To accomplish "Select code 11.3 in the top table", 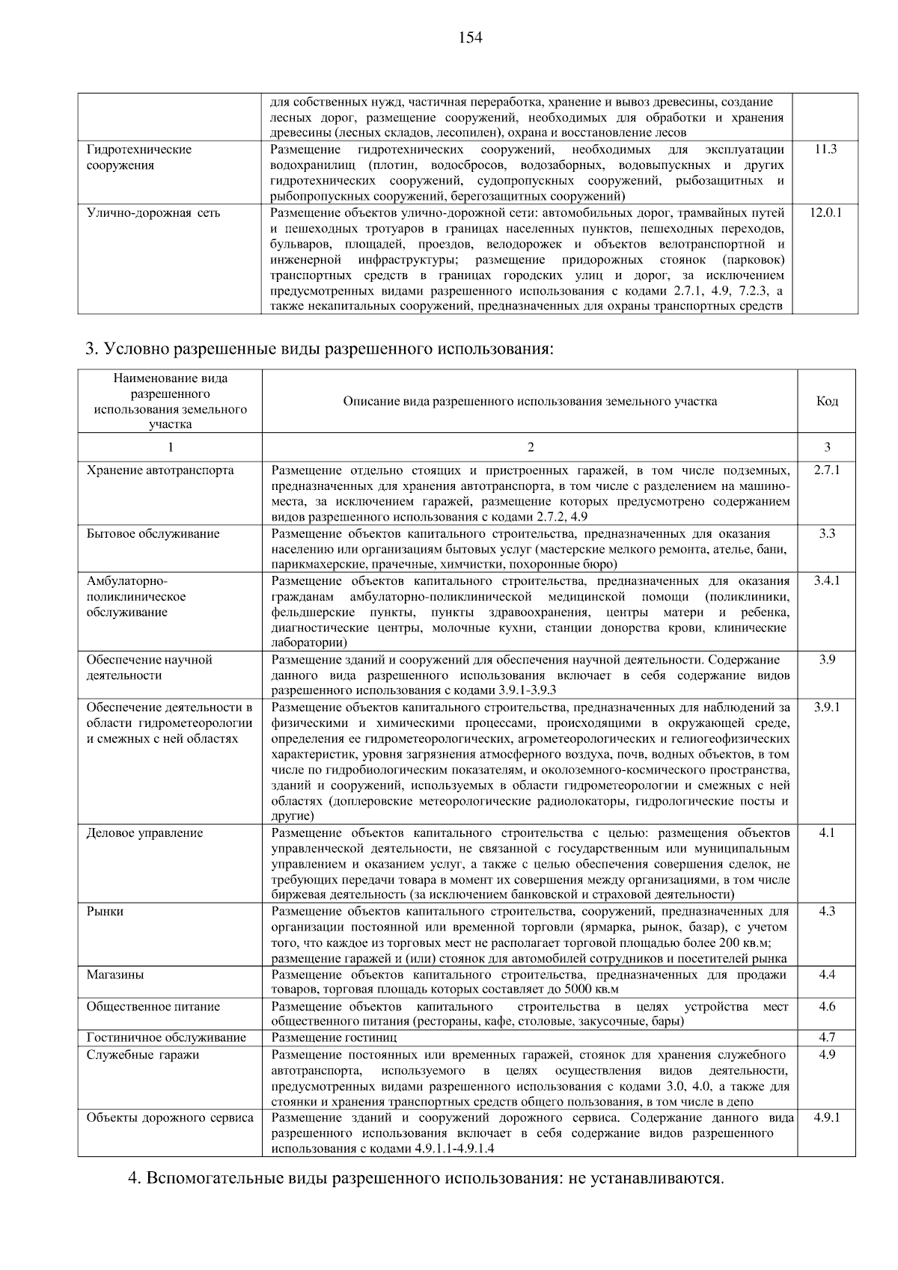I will [825, 150].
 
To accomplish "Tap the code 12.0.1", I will [825, 213].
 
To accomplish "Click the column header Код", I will [827, 402].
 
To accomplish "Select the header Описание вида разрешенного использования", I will [530, 402].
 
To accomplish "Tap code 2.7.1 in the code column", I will [827, 470].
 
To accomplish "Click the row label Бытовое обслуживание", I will [153, 534].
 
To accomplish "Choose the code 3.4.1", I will [827, 581].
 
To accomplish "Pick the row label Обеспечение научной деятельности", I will [150, 667].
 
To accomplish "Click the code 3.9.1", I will [827, 707].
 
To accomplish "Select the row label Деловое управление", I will [144, 833].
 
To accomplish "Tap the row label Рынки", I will [105, 912].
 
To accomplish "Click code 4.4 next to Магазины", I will [827, 975].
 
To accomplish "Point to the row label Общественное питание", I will [153, 1007].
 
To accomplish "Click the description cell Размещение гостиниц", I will [334, 1038].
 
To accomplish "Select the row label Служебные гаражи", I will [143, 1055].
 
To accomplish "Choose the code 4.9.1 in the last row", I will [827, 1118].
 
